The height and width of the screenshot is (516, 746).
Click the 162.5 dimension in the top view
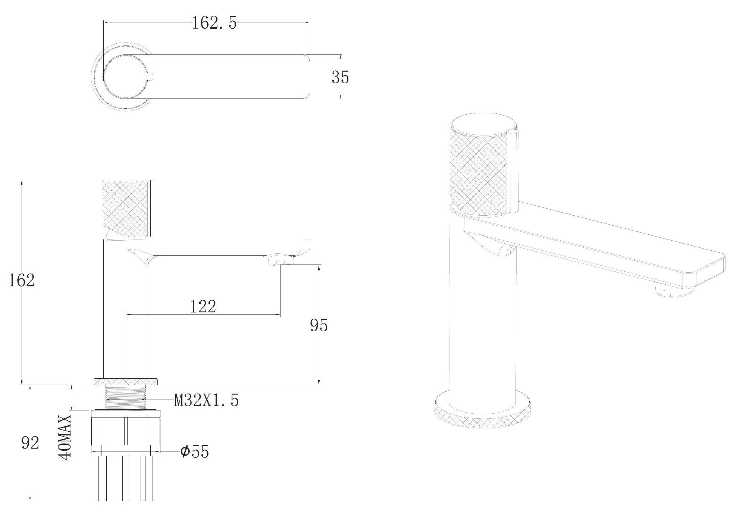click(214, 24)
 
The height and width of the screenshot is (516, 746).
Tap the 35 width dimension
click(340, 77)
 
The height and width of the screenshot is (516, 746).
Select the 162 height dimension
click(22, 280)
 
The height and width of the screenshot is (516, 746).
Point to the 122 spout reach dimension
click(203, 307)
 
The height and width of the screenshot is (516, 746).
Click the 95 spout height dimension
click(319, 325)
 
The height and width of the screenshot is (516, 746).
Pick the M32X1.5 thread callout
click(206, 400)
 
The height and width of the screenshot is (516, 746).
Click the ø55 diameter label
click(194, 451)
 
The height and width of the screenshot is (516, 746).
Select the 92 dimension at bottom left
click(30, 443)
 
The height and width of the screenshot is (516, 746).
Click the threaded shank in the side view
click(126, 398)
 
